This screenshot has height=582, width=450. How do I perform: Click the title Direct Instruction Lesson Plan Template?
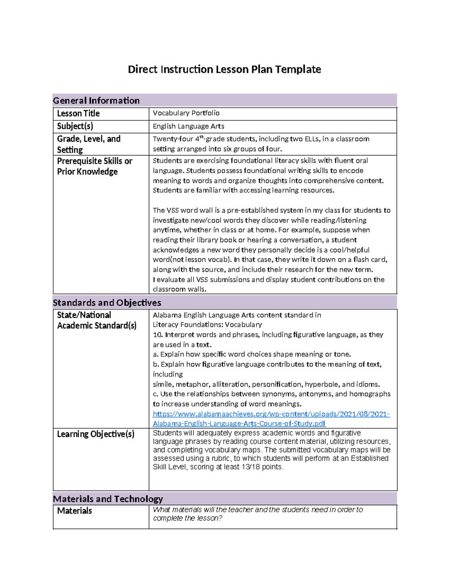pos(224,69)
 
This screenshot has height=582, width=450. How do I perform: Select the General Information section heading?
pos(96,100)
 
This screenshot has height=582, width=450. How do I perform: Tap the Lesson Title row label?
pos(78,113)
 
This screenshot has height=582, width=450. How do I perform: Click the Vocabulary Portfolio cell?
pos(186,113)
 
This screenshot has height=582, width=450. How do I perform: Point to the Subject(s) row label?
pos(75,126)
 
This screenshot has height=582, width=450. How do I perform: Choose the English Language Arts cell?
pos(188,126)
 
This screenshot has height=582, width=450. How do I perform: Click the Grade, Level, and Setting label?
pos(88,144)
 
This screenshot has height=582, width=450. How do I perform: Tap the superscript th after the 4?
pos(201,137)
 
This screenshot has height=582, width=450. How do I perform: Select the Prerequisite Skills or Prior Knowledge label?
pos(94,166)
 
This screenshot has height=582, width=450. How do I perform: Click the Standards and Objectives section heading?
pos(107,302)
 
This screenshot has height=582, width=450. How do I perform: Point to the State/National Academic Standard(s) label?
pos(96,320)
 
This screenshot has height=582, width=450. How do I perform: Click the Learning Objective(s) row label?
pos(96,434)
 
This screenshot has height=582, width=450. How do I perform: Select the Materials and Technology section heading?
pos(108,499)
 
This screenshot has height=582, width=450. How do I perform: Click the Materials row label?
pos(74,510)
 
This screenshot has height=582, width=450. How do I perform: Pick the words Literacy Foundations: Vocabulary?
pos(207,325)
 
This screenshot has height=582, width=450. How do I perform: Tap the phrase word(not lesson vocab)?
pos(191,259)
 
